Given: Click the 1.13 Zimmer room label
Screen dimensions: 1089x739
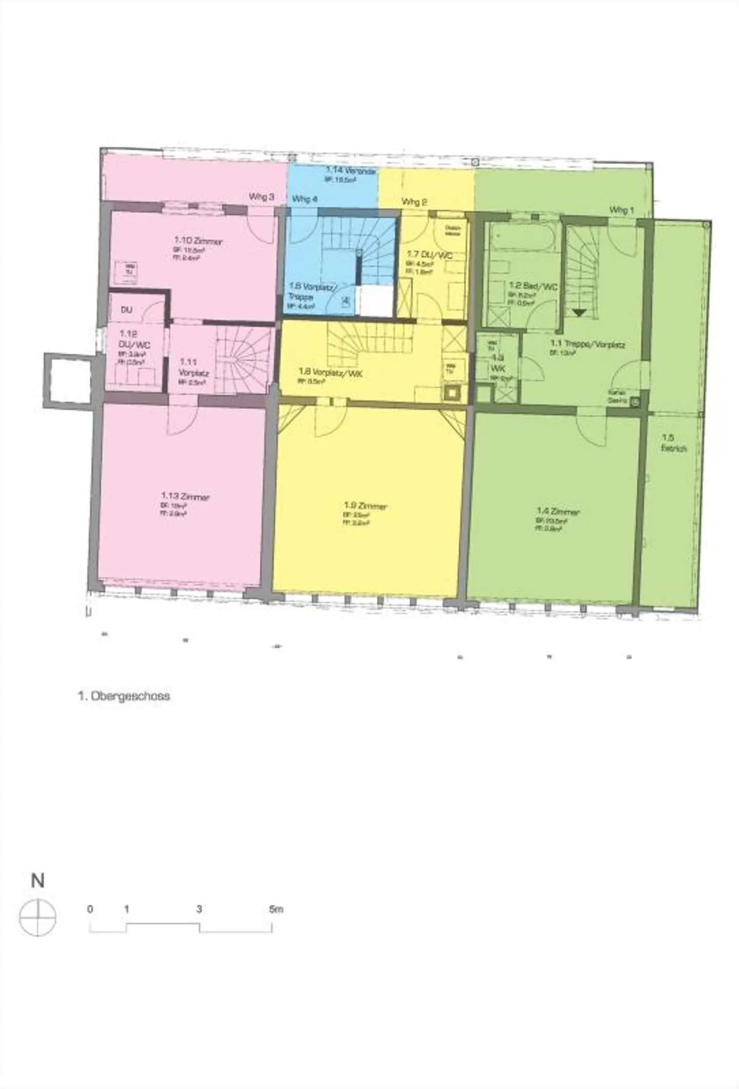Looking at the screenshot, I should pos(185,497).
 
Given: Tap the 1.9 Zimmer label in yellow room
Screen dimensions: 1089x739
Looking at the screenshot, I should pos(365,507).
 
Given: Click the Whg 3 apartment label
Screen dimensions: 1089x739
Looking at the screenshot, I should pos(261,197).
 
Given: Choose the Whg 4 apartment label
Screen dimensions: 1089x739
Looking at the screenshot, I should pos(305,199).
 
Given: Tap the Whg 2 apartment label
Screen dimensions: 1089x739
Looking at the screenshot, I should pos(414,202).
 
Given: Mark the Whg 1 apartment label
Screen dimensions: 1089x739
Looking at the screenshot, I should pos(621,210).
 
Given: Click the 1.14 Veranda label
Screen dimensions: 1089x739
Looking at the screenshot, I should pos(352,170).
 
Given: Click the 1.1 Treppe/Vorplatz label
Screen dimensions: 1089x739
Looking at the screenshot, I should pos(588,344).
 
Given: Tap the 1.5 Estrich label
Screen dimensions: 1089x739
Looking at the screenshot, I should pos(674,443).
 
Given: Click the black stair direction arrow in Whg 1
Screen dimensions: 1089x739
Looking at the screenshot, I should pos(579,312).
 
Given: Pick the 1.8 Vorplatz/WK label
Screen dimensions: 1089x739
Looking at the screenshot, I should pos(330,373).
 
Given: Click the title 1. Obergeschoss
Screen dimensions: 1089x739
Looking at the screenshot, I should pos(124,696).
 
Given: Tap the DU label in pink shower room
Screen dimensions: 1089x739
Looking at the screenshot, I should pos(126,310).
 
